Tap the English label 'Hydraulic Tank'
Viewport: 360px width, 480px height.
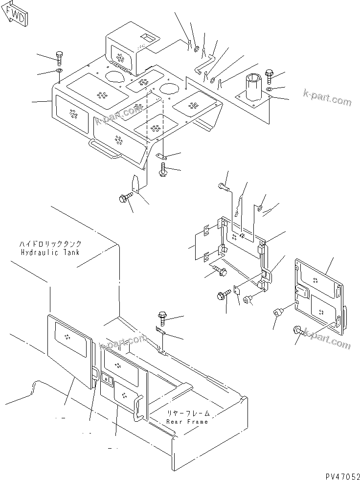[50, 252]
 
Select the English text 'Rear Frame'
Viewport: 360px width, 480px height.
[187, 421]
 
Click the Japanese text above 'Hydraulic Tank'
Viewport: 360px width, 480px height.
[50, 244]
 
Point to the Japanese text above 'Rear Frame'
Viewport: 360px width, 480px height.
[187, 413]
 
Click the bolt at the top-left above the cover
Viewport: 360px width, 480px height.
[59, 57]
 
